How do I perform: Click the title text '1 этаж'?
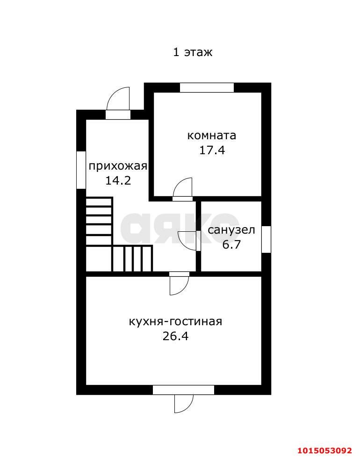pos(193,52)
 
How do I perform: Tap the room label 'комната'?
pos(211,136)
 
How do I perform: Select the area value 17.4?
pos(212,150)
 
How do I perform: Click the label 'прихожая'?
pos(118,166)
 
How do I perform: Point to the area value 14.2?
pos(118,180)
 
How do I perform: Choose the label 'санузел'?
pos(231,230)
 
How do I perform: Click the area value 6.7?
pos(231,244)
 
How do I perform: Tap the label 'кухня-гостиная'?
pos(175,321)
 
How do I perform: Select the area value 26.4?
pos(175,336)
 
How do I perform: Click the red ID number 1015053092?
pos(324,450)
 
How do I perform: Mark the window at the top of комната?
pos(207,87)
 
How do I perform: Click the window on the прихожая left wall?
pos(81,170)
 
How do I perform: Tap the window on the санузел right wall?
pos(266,239)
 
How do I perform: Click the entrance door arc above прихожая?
pos(119,99)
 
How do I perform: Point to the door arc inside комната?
pos(183,188)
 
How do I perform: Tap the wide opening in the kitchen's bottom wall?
pos(183,390)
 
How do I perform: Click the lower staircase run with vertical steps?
pos(132,258)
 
